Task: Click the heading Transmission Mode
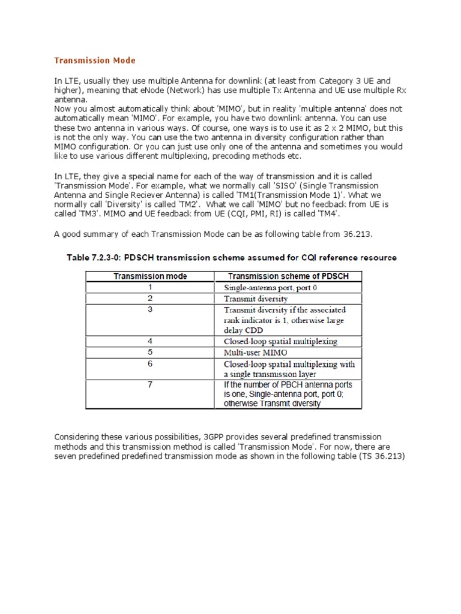95,61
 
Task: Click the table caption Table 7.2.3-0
230,258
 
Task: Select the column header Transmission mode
150,276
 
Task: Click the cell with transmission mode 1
150,287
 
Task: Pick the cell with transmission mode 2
150,298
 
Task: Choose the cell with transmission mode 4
150,341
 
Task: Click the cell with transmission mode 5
150,353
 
